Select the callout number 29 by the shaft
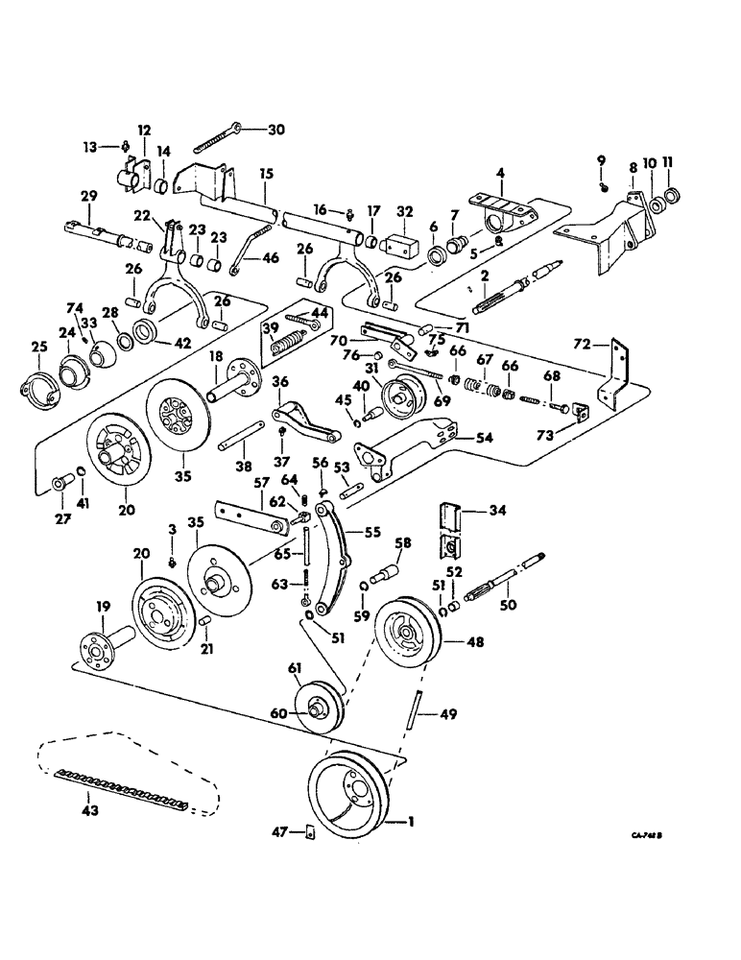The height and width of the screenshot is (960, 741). tap(88, 196)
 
